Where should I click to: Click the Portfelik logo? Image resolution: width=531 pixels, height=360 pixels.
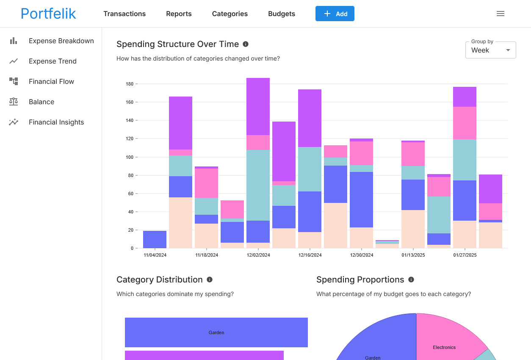pos(48,14)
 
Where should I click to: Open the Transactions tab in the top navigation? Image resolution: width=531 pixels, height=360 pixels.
pos(124,14)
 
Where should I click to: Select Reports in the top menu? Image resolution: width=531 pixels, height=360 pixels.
pos(179,14)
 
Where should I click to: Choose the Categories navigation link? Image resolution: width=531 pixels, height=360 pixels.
pos(230,14)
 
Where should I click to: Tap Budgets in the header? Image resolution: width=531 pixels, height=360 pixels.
pos(282,14)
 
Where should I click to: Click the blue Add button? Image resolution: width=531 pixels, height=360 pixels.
pos(335,14)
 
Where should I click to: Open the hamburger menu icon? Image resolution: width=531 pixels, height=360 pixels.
pos(501,14)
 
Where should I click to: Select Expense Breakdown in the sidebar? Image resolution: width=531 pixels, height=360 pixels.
pos(61,41)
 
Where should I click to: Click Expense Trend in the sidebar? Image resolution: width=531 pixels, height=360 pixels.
pos(53,61)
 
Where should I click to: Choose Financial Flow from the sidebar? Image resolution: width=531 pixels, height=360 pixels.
pos(51,81)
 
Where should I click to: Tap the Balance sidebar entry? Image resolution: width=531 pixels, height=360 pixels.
pos(41,102)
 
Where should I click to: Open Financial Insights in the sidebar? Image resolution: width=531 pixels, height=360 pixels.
pos(56,122)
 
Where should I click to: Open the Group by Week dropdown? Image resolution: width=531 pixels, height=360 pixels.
pos(490,50)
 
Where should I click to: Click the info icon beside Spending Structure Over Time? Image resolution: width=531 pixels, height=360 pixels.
pos(246,44)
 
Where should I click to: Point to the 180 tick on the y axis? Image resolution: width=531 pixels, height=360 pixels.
pos(129,84)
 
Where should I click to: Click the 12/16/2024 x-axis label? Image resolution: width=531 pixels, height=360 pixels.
pos(310,255)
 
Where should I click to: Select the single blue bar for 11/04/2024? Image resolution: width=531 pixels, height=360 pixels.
pos(155,239)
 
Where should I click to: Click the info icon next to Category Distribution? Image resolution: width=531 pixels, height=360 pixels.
pos(210,280)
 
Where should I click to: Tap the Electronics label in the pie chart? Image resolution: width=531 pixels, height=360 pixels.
pos(444,347)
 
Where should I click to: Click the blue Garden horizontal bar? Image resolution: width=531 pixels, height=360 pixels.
pos(216,332)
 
